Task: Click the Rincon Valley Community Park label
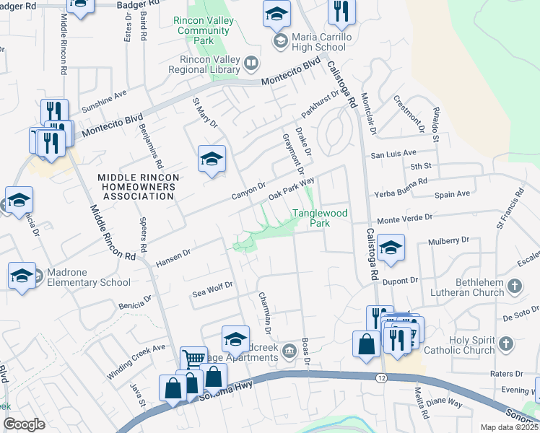click(x=204, y=30)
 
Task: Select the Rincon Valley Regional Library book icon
click(x=251, y=64)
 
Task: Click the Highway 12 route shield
click(x=380, y=378)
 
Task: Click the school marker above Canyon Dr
click(x=212, y=158)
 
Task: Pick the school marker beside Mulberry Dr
click(x=391, y=247)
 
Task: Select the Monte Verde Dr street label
click(x=404, y=217)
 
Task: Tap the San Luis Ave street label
click(x=393, y=154)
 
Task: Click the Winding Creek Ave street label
click(x=149, y=353)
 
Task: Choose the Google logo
click(x=24, y=424)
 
